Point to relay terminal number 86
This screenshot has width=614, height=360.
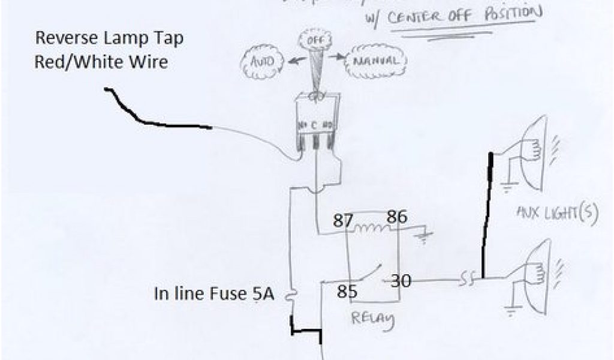pyautogui.click(x=397, y=217)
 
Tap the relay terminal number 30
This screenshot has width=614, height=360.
pyautogui.click(x=401, y=280)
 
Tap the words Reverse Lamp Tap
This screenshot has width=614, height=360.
pyautogui.click(x=110, y=39)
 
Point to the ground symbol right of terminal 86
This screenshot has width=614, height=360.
pyautogui.click(x=425, y=235)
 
